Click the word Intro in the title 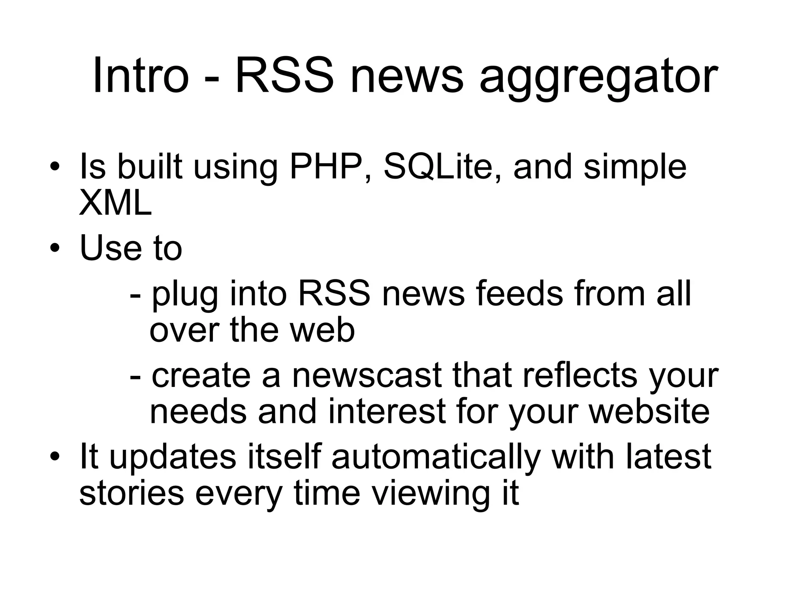pos(141,75)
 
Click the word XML pos(115,204)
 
